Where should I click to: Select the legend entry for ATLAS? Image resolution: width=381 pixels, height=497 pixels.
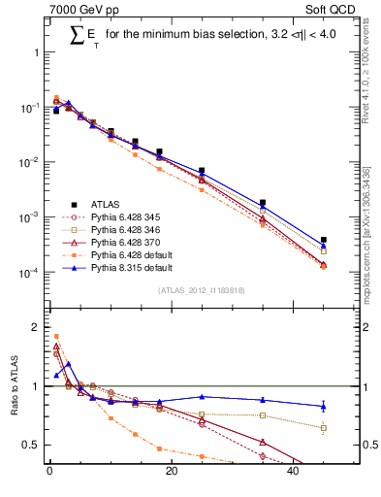coord(106,204)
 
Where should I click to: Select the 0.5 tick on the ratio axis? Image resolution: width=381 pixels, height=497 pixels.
coord(35,445)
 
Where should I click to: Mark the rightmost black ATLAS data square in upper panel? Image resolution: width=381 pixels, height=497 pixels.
coord(324,240)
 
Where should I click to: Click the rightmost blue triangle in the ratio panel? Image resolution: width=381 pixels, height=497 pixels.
coord(324,406)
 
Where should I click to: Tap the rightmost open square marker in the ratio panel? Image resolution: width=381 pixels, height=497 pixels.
coord(324,427)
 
